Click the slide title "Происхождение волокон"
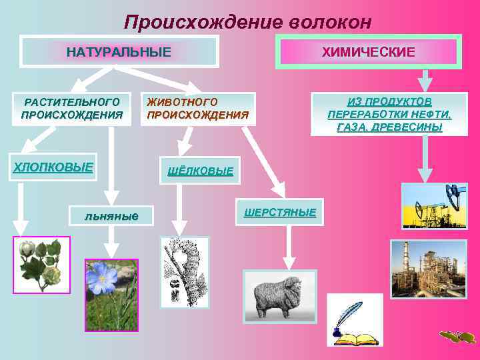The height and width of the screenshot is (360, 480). tap(247, 22)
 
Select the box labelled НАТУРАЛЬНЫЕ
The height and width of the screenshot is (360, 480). tap(119, 51)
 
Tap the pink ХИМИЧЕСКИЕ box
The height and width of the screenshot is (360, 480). tap(369, 51)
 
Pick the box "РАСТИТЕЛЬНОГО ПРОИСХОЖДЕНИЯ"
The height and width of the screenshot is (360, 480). tap(72, 108)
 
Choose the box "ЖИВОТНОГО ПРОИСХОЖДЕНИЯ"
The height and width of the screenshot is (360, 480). tap(198, 108)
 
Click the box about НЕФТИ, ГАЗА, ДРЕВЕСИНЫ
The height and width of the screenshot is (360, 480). tap(389, 114)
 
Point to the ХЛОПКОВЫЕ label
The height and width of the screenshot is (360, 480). tap(54, 167)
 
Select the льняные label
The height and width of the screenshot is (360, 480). tap(112, 215)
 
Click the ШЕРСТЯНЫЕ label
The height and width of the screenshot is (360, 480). tap(279, 212)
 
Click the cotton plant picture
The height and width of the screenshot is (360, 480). tap(41, 264)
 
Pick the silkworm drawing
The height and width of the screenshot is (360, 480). tap(184, 272)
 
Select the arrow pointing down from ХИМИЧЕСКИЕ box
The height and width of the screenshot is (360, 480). tap(425, 81)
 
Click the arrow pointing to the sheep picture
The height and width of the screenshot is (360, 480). tap(289, 253)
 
